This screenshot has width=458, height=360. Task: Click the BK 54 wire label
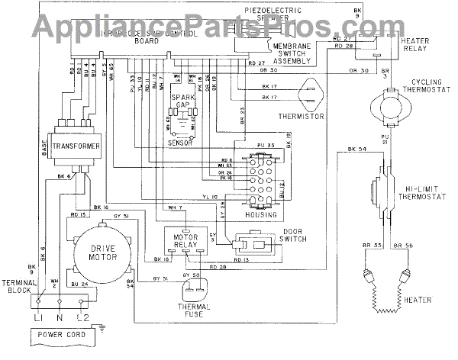[356, 148]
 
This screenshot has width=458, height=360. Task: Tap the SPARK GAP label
[183, 102]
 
